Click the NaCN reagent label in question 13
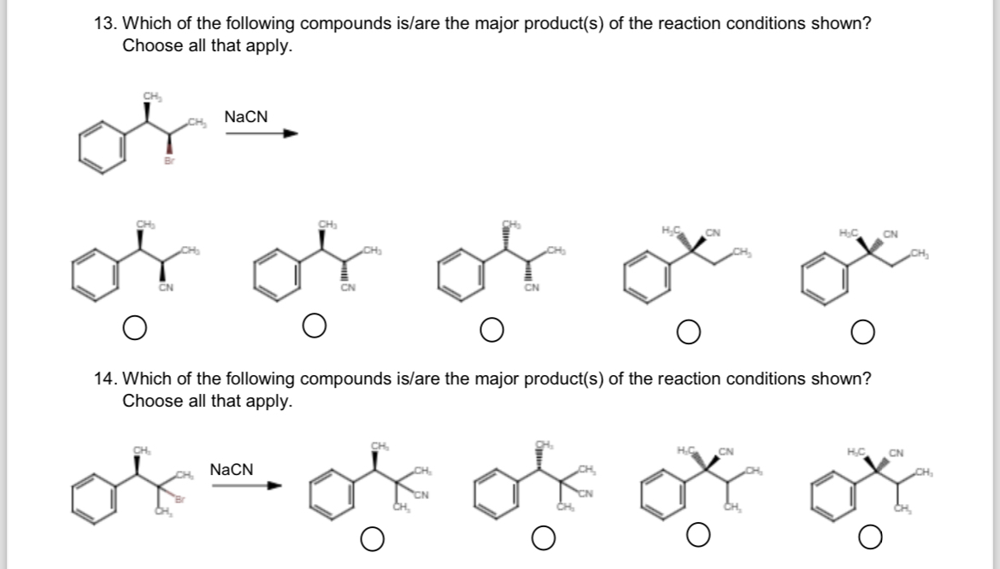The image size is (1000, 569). point(245,116)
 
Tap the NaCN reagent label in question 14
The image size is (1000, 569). point(231,469)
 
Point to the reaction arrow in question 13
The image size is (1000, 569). point(261,133)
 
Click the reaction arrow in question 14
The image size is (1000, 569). point(246,486)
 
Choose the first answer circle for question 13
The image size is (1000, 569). point(132,326)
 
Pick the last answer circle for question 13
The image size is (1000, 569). point(863,329)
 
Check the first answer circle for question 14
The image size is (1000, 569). point(371,538)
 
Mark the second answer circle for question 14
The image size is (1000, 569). point(544,538)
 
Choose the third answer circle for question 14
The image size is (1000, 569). point(697,537)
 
